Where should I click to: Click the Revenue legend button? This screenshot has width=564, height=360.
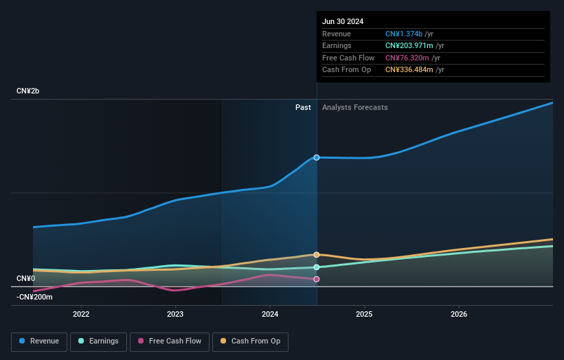coord(39,341)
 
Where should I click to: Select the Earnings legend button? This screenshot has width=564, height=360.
coord(99,341)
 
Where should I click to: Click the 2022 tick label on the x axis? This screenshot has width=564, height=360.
coord(81,314)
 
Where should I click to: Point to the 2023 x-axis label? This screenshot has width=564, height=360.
coord(175,314)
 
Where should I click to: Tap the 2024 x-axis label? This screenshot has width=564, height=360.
coord(270,314)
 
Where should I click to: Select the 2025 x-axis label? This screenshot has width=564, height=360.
coord(364,314)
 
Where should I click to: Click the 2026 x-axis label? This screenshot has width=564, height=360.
coord(459,314)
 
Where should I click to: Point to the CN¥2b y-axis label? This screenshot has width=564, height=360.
coord(28,91)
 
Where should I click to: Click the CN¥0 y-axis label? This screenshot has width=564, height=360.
coord(25,278)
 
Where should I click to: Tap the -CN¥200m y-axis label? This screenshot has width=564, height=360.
coord(34,297)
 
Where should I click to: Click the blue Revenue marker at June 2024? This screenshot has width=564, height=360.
coord(317,157)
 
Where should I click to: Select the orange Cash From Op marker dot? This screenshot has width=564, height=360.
coord(317,254)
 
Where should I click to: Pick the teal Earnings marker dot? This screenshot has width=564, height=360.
coord(317,267)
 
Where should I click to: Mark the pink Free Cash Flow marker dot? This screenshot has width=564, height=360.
coord(317,279)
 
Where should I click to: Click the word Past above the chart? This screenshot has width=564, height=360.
coord(303,107)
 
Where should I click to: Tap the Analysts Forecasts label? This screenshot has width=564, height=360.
coord(354,107)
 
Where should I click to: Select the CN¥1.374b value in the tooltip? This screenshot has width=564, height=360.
coord(404,34)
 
